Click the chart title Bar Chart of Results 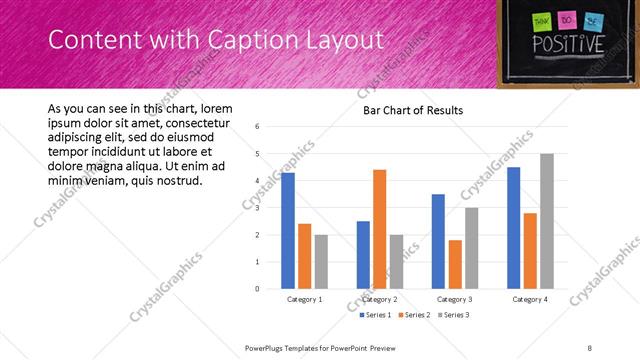[413, 110]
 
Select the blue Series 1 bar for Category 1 [288, 230]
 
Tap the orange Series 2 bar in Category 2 [379, 229]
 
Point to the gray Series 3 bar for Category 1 [320, 261]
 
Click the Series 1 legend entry [377, 315]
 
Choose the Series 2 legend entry [414, 315]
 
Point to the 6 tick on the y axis [258, 127]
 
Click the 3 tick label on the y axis [258, 208]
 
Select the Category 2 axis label [379, 299]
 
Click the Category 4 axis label [530, 299]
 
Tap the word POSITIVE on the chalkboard [568, 45]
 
